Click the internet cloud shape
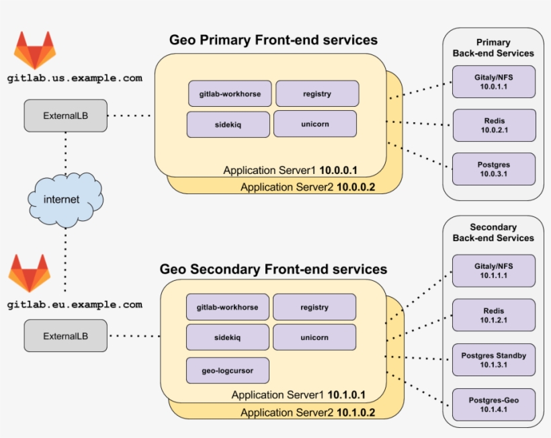pyautogui.click(x=65, y=199)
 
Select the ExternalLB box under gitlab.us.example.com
pyautogui.click(x=65, y=116)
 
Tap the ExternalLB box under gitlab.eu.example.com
pyautogui.click(x=65, y=335)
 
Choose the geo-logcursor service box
pyautogui.click(x=228, y=370)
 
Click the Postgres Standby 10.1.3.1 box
pyautogui.click(x=494, y=360)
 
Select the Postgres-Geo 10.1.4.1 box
pyautogui.click(x=494, y=404)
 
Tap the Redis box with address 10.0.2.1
pyautogui.click(x=494, y=126)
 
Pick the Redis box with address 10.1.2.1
pyautogui.click(x=494, y=316)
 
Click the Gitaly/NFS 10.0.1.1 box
pyautogui.click(x=494, y=82)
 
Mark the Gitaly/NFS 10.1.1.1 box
pyautogui.click(x=494, y=271)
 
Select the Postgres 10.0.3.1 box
pyautogui.click(x=494, y=169)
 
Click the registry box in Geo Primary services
pyautogui.click(x=317, y=94)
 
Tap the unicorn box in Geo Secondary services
pyautogui.click(x=314, y=337)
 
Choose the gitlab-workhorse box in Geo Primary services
pyautogui.click(x=230, y=94)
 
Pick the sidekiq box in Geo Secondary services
pyautogui.click(x=227, y=337)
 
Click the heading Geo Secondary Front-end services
pyautogui.click(x=273, y=269)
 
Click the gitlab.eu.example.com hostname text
pyautogui.click(x=75, y=305)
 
